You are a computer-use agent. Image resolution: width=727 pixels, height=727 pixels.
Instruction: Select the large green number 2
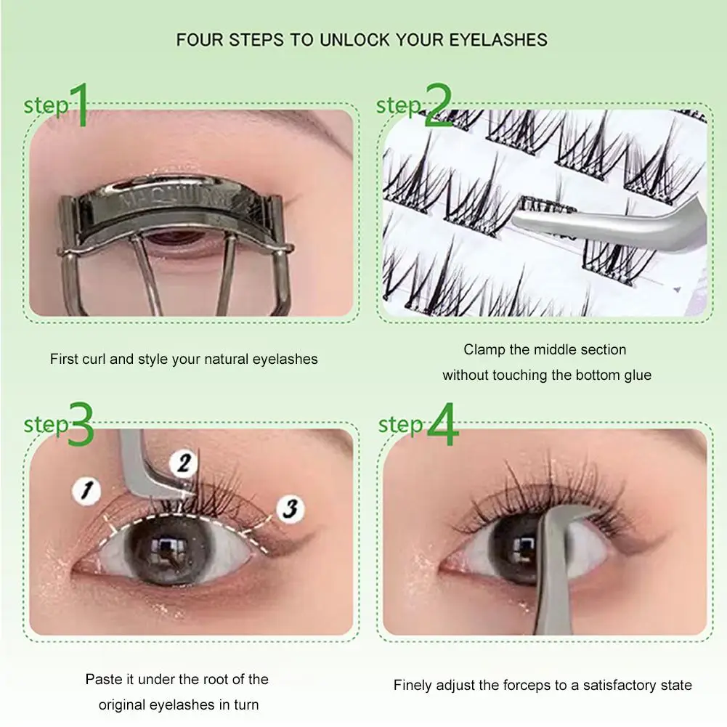(437, 105)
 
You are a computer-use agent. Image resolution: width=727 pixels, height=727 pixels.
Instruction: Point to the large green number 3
(82, 425)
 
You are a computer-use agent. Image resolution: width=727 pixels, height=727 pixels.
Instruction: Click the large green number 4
(442, 425)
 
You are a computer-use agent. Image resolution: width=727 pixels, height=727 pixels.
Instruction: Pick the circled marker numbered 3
(289, 508)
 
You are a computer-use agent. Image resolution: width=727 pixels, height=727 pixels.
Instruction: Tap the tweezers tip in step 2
(537, 211)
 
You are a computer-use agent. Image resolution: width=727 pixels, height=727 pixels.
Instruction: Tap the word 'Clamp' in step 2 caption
(484, 350)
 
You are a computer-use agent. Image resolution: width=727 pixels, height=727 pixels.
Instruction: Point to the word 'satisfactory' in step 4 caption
(611, 685)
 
